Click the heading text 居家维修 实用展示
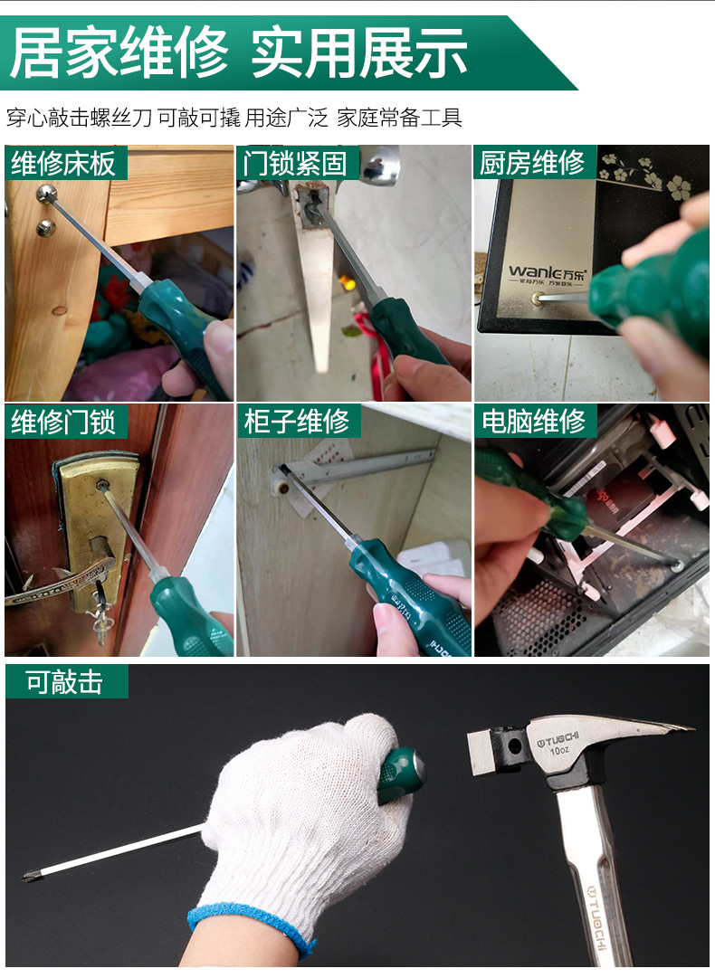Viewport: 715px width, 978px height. pyautogui.click(x=239, y=53)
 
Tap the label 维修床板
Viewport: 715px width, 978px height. pyautogui.click(x=63, y=163)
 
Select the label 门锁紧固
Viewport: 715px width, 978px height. pyautogui.click(x=296, y=163)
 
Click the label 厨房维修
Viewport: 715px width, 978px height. pyautogui.click(x=533, y=163)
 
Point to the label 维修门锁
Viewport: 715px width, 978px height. pyautogui.click(x=63, y=422)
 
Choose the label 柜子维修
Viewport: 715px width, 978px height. pyautogui.click(x=297, y=422)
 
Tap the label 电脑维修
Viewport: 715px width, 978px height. pyautogui.click(x=533, y=422)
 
